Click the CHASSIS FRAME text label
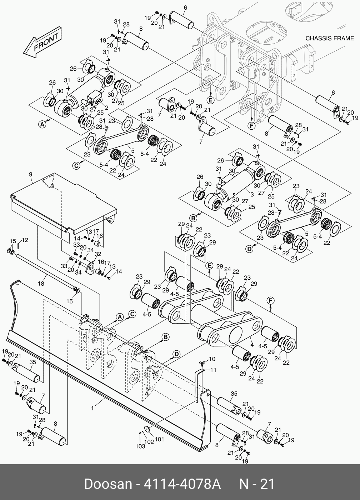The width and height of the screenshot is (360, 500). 330,38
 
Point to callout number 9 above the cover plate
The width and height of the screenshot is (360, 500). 31,174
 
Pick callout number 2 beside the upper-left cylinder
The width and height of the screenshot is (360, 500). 106,107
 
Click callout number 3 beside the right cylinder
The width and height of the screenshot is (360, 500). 252,194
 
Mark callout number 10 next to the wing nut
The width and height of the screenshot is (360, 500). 212,359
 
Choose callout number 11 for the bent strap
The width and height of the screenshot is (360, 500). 213,370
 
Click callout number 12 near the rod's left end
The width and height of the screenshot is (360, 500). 25,240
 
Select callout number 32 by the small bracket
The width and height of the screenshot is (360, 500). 98,254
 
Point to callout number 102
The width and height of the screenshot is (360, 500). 149,441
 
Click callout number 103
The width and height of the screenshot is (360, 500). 140,446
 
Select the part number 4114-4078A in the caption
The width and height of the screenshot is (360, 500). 181,484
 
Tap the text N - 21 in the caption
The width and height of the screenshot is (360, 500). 257,484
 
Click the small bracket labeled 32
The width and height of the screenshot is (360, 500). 89,266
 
